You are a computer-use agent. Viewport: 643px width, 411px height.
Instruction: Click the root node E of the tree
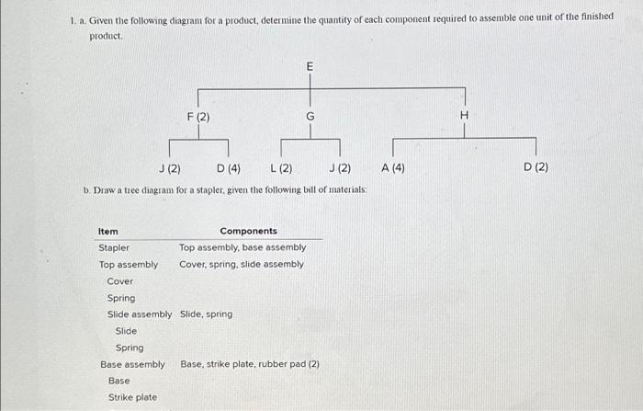coord(309,67)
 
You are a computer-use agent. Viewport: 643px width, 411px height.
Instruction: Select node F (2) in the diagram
coord(198,117)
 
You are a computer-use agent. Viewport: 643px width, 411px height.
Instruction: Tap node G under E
coord(310,117)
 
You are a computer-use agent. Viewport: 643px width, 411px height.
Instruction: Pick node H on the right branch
coord(464,115)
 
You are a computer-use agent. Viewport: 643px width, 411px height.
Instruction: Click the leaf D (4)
coord(229,168)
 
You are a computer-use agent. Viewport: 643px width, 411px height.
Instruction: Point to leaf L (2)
coord(281,168)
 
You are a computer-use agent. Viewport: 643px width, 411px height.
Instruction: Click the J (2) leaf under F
coord(169,168)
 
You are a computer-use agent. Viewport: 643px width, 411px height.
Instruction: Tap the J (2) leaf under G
coord(339,168)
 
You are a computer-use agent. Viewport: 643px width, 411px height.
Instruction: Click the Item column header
coord(107,231)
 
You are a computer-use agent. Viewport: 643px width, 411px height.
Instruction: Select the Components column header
coord(248,231)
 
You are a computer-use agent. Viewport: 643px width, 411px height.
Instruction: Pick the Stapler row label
coord(114,247)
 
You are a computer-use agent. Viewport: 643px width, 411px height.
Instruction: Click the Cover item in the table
coord(119,280)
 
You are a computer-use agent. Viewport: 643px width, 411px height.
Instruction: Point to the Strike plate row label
coord(132,397)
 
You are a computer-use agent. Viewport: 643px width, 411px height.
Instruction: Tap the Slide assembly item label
coord(140,314)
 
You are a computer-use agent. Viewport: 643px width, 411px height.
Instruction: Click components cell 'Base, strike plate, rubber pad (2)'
coord(250,364)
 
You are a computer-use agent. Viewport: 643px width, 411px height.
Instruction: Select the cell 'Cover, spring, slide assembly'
coord(242,264)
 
